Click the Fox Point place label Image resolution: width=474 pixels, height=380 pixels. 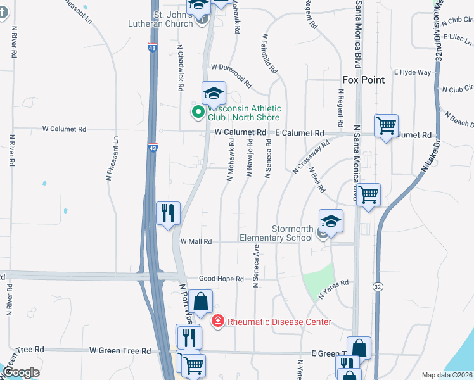[363, 80]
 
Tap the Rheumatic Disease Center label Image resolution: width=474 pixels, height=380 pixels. [279, 322]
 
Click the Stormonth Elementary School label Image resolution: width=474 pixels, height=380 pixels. [276, 233]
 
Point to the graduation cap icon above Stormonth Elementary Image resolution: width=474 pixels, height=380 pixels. [331, 222]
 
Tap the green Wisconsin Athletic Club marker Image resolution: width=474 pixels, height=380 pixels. [198, 113]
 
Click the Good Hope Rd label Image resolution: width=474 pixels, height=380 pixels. [221, 279]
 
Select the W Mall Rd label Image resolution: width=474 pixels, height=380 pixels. [196, 241]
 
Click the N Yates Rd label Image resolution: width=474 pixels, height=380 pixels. [334, 289]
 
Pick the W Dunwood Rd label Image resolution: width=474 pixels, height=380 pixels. [231, 75]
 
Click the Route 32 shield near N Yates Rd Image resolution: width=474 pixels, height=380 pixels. [378, 287]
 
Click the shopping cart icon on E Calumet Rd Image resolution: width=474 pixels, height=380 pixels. [386, 125]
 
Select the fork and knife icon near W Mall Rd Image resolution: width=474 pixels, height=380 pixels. [169, 213]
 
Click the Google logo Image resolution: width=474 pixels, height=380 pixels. [20, 372]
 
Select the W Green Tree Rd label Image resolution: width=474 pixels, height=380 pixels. [120, 350]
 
